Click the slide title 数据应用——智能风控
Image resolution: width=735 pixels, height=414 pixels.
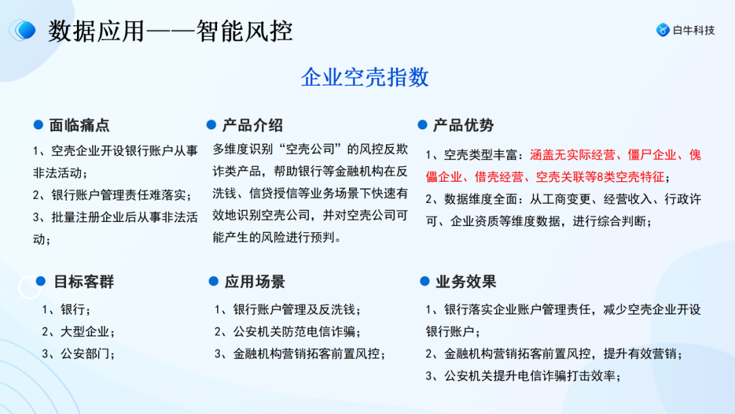(x=170, y=31)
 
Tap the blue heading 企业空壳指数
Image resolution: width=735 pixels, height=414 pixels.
(x=365, y=77)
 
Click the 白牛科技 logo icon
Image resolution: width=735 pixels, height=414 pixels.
(x=662, y=30)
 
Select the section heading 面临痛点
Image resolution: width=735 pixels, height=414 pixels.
(x=79, y=125)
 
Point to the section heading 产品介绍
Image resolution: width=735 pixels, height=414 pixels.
(x=252, y=125)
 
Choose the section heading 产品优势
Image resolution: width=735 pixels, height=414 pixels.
(x=463, y=125)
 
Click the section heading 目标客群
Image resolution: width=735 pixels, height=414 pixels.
(x=84, y=282)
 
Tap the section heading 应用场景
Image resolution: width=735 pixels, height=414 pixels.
(x=255, y=282)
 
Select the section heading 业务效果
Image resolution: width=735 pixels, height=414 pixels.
(x=465, y=282)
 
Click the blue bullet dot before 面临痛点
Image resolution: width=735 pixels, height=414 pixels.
(x=39, y=125)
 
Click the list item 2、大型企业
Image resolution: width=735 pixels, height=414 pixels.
(x=78, y=332)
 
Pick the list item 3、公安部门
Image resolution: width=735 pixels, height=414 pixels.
(x=78, y=353)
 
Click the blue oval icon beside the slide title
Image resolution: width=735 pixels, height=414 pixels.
(x=24, y=30)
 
